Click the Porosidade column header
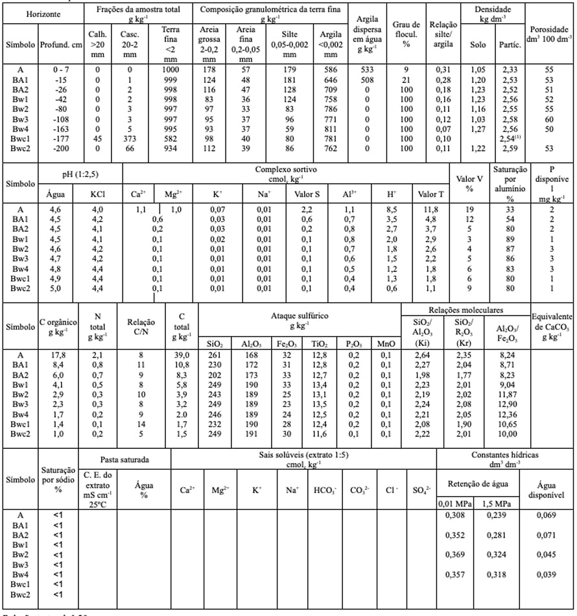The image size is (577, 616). pos(550,34)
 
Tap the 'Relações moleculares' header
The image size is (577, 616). pos(465,310)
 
